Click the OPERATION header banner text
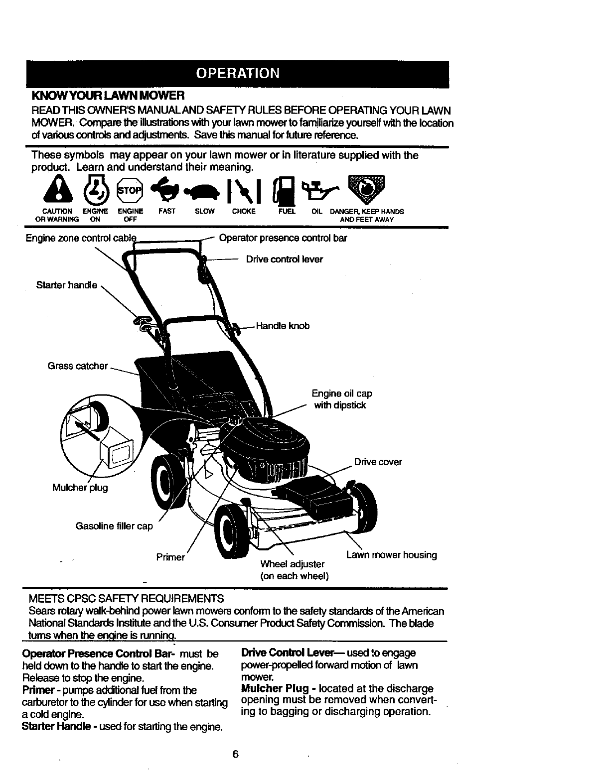click(x=238, y=73)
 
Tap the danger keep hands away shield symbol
click(x=367, y=189)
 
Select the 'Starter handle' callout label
click(x=66, y=285)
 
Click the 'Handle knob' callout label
click(x=283, y=326)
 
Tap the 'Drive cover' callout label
click(x=378, y=462)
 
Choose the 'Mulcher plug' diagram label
click(x=80, y=487)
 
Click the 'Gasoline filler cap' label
click(x=114, y=526)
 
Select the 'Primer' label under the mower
click(x=170, y=557)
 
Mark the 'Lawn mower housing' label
click(x=391, y=555)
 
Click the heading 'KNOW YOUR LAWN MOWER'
click(x=108, y=95)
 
